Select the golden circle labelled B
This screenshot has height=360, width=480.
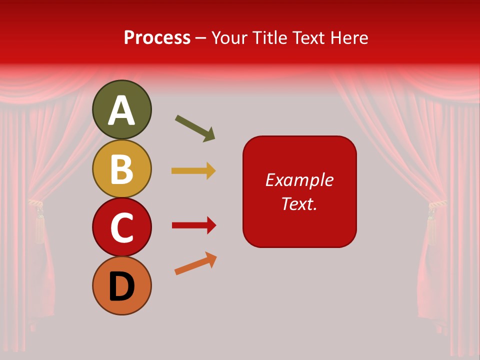(x=122, y=168)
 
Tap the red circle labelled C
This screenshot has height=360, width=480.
(x=122, y=227)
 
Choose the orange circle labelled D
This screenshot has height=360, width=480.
(x=122, y=285)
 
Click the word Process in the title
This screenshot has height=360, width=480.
(x=157, y=37)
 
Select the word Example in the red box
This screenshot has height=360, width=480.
(x=299, y=180)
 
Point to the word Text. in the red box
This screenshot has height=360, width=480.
(x=299, y=203)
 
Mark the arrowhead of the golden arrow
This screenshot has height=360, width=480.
(x=211, y=170)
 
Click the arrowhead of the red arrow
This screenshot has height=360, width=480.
(x=211, y=225)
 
